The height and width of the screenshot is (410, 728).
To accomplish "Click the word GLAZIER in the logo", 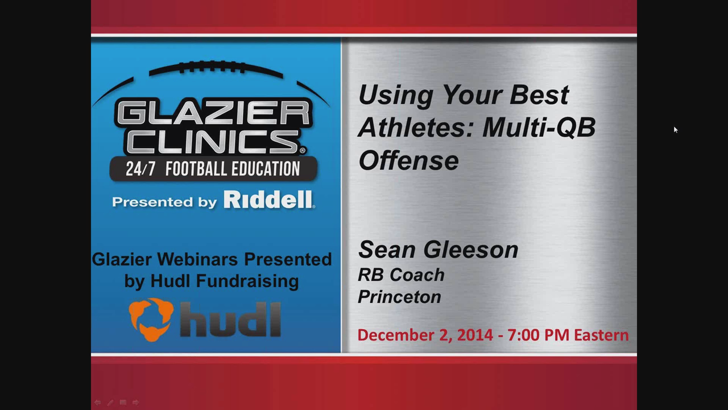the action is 213,112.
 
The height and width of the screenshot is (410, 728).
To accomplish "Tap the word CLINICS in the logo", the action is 213,142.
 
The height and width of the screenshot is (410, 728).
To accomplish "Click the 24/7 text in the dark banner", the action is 140,169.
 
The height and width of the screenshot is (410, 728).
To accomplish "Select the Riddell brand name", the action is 268,199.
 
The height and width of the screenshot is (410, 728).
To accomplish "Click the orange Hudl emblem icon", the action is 151,320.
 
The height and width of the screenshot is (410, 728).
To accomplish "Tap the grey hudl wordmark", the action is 230,319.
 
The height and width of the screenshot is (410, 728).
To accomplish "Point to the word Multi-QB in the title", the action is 539,128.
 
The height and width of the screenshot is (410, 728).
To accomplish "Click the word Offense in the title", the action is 408,161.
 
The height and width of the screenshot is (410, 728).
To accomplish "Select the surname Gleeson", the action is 471,250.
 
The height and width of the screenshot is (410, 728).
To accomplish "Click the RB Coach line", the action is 401,274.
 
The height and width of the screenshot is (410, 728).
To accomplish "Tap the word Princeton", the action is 399,297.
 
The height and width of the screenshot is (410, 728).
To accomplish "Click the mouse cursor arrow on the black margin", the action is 676,130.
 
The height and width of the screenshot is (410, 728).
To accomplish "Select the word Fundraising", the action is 247,281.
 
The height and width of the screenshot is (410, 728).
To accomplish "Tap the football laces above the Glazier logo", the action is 213,67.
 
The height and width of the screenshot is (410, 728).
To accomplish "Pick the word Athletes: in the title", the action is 416,128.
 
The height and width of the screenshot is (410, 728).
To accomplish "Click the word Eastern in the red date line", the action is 601,335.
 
